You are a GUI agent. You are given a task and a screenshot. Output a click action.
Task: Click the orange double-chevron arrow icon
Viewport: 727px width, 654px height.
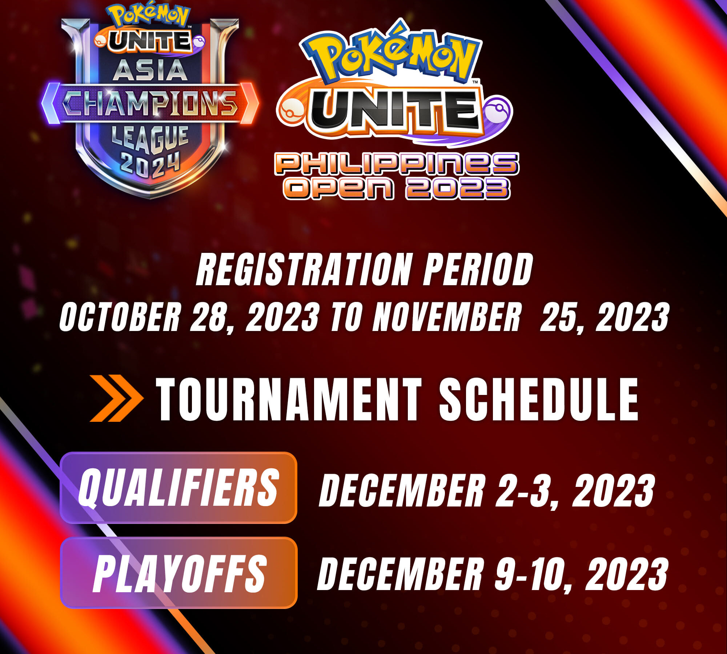point(116,398)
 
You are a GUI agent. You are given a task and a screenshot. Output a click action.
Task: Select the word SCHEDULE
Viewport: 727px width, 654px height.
point(539,399)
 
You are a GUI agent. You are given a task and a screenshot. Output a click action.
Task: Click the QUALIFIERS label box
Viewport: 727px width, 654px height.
point(178,488)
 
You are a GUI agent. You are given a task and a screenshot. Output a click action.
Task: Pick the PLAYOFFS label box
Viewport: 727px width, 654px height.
point(178,573)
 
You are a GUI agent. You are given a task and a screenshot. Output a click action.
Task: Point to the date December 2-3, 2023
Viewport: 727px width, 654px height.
point(487,490)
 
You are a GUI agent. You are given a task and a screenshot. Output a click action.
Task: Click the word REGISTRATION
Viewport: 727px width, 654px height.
point(305,270)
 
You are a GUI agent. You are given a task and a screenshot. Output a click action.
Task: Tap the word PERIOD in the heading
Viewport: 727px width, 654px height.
point(478,270)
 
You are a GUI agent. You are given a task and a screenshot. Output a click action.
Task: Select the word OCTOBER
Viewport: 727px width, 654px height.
point(120,317)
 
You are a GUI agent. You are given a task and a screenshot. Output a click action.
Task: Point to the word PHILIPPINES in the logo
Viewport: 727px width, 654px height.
point(397,163)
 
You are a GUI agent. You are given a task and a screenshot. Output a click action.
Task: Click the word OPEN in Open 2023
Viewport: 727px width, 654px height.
point(339,188)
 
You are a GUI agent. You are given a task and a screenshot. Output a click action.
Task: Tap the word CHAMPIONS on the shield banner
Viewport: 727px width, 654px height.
point(150,104)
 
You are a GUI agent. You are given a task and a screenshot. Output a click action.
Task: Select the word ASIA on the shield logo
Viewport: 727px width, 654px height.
point(150,70)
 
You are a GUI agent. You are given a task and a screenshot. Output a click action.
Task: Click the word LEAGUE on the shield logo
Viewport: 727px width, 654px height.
point(150,139)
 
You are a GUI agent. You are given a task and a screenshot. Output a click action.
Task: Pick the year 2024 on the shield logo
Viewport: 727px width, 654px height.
point(150,165)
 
